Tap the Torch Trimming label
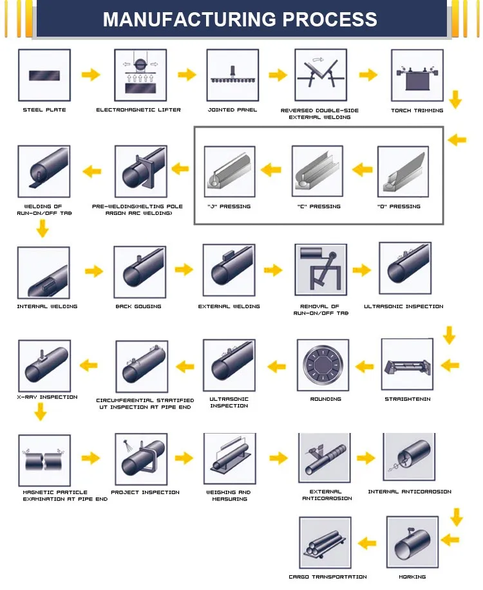417,111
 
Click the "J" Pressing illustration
229,171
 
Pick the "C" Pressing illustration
317,171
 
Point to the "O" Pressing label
399,207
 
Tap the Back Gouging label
138,306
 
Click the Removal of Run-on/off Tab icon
320,270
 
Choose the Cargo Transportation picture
325,542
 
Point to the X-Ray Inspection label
47,397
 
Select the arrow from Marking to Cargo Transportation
366,542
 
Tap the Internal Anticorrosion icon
409,458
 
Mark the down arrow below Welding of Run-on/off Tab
43,228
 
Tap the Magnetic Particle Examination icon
44,458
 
